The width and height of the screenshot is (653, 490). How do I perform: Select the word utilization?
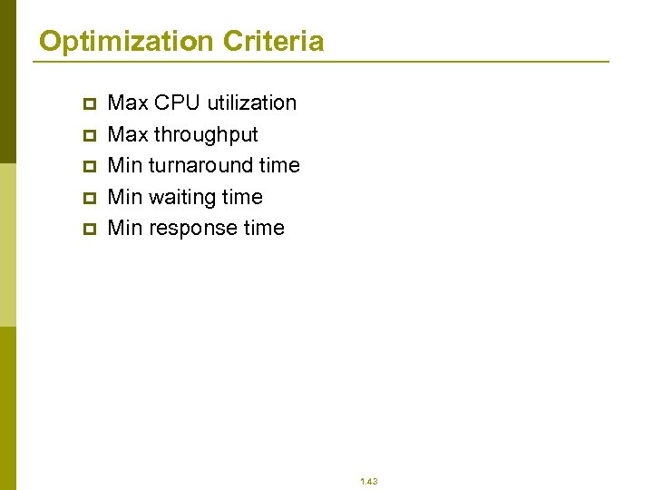[x=252, y=103]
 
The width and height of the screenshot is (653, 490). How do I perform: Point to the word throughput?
[x=206, y=135]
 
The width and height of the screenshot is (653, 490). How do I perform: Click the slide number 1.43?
[x=368, y=481]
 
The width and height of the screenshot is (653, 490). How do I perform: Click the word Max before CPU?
[x=128, y=103]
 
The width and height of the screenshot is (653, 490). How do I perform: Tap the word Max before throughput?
[x=128, y=134]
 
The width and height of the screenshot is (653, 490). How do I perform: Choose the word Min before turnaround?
[x=125, y=166]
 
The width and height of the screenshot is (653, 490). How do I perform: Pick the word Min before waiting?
[x=125, y=197]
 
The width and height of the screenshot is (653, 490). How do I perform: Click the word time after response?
[x=264, y=229]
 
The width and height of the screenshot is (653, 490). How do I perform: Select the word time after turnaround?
[x=279, y=166]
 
